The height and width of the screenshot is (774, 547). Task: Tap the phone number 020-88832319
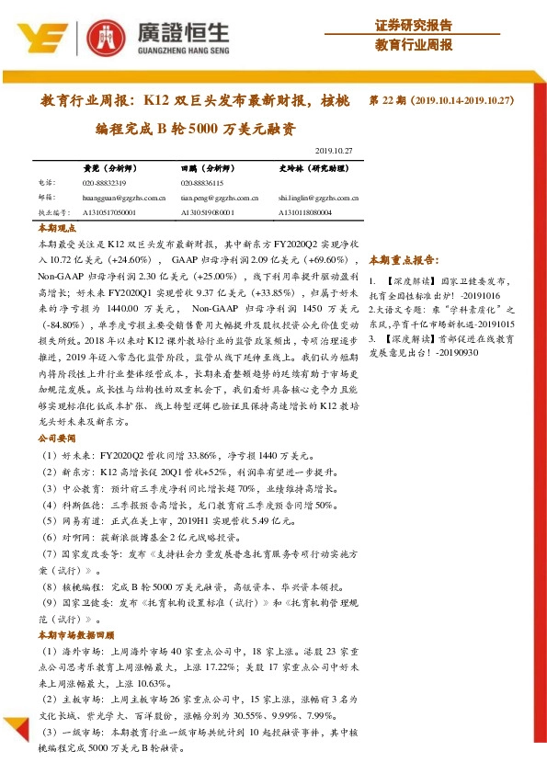pyautogui.click(x=105, y=184)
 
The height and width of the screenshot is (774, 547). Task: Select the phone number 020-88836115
pyautogui.click(x=203, y=184)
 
